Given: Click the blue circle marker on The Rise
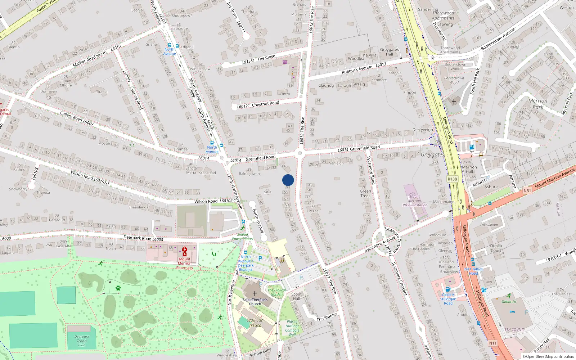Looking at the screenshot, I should pos(288,180).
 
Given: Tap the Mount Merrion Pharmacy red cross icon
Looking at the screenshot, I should pos(185,251).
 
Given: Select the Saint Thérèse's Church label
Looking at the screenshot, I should pos(255,302).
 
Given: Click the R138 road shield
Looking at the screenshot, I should pos(452,179).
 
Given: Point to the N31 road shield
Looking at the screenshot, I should pos(527,190).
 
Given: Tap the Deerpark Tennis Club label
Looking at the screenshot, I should pos(82,341).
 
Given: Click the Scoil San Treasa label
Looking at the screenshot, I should pos(255,323).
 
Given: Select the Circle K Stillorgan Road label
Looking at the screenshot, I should pos(448,299).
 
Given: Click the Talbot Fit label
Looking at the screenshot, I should pos(509,302).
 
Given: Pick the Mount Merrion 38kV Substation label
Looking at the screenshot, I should pos(415,201).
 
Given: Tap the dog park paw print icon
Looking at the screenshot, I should pos(118,288).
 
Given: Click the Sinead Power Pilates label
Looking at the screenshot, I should pos(242,237).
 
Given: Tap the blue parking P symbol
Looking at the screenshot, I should pos(260,258).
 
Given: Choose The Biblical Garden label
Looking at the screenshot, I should pos(276,292).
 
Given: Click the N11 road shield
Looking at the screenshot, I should pos(493,343).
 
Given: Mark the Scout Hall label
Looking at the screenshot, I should pos(296,296).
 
